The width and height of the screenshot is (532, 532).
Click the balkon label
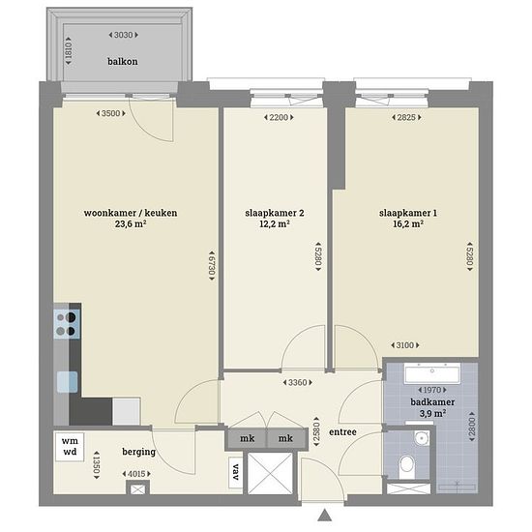(123, 61)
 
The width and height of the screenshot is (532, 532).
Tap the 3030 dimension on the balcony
(124, 35)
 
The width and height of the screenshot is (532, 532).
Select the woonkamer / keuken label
(131, 213)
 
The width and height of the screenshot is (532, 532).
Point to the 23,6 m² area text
(131, 224)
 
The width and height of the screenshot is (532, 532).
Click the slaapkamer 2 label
(275, 213)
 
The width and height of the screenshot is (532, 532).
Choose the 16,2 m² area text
(408, 224)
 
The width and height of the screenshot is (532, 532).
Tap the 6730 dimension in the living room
(212, 265)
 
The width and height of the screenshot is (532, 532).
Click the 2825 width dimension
(406, 117)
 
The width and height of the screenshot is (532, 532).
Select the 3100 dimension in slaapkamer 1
(405, 345)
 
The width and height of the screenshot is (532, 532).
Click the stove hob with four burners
(67, 324)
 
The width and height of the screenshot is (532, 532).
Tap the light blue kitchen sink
(67, 382)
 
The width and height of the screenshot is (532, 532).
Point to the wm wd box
(70, 447)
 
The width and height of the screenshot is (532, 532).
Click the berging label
(139, 452)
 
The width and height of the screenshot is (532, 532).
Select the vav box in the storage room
(235, 472)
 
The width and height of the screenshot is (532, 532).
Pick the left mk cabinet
(247, 438)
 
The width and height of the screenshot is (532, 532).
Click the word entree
(342, 432)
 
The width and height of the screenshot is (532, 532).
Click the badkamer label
(432, 402)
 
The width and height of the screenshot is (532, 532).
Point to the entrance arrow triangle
(325, 515)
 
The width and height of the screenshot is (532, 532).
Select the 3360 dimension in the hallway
(298, 383)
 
